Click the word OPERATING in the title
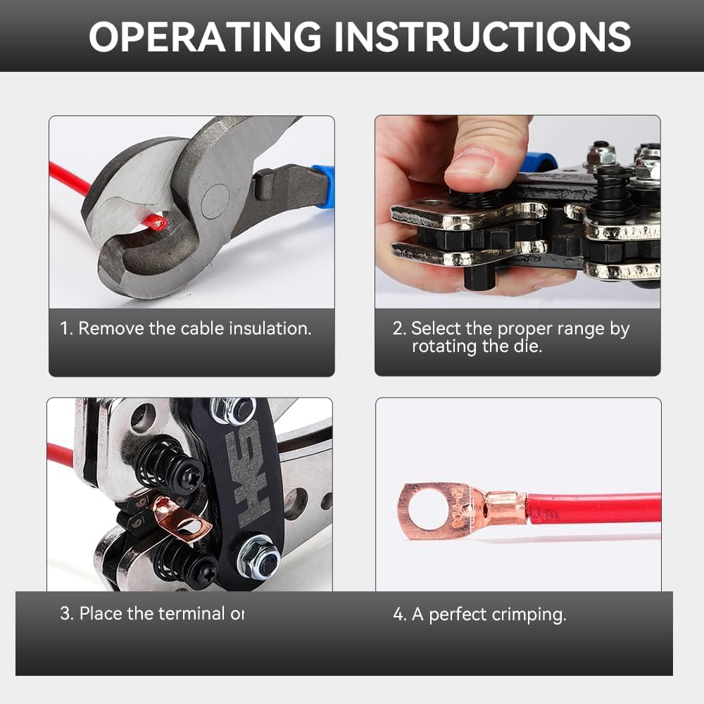(x=205, y=37)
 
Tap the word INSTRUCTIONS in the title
(x=482, y=37)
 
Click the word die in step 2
(x=529, y=346)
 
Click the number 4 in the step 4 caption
(x=398, y=615)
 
